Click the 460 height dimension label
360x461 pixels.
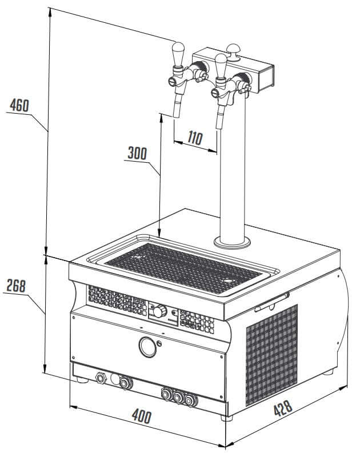19,106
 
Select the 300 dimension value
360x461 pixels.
137,153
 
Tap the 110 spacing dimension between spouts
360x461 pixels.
195,138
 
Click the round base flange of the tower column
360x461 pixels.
232,242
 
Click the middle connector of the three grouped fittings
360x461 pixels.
178,395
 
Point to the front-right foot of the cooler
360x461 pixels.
228,418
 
